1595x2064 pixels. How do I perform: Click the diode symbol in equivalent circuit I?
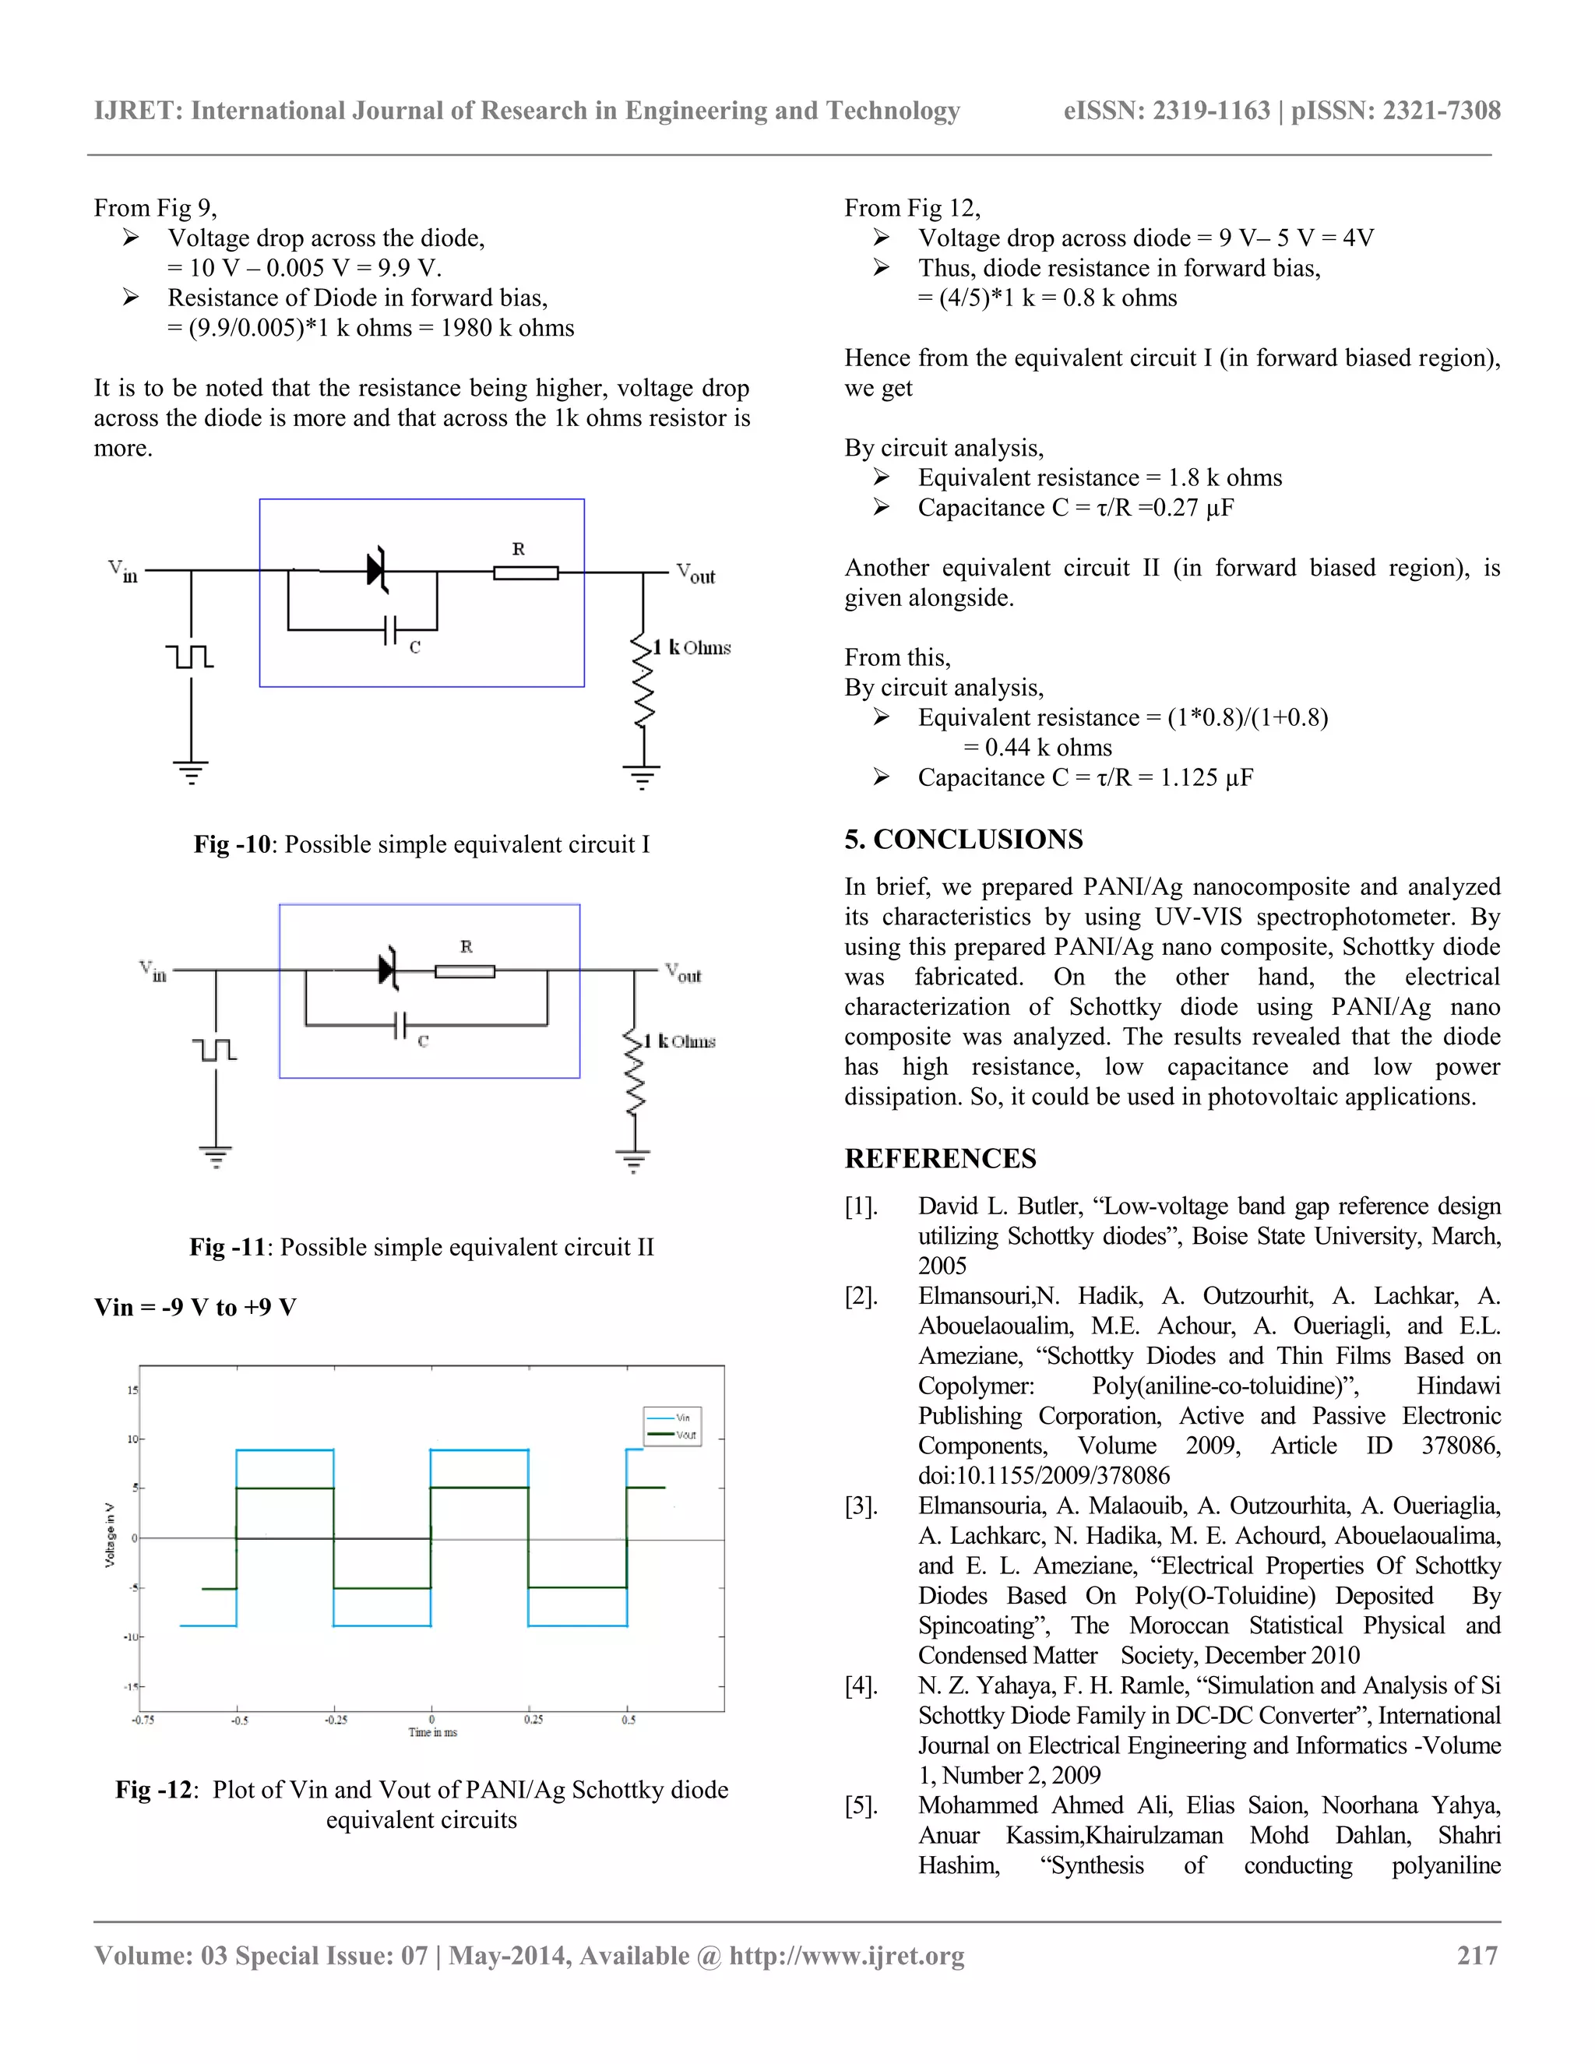pyautogui.click(x=378, y=570)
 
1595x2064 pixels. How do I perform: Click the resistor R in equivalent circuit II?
pyautogui.click(x=464, y=970)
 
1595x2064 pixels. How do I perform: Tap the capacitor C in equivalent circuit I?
pyautogui.click(x=390, y=629)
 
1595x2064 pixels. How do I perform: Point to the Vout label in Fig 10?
pyautogui.click(x=695, y=574)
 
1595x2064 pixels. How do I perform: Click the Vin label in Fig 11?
pyautogui.click(x=153, y=970)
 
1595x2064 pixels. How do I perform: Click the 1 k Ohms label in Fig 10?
pyautogui.click(x=692, y=647)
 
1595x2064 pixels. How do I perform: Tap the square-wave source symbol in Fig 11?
pyautogui.click(x=214, y=1049)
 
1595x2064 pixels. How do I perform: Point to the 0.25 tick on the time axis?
pyautogui.click(x=533, y=1719)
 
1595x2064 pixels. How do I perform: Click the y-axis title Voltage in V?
pyautogui.click(x=110, y=1535)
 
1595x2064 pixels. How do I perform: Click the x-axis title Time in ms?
pyautogui.click(x=433, y=1732)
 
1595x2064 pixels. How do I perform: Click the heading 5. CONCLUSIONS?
pyautogui.click(x=964, y=839)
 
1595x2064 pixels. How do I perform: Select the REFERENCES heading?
pyautogui.click(x=940, y=1159)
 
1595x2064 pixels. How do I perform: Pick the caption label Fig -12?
pyautogui.click(x=154, y=1790)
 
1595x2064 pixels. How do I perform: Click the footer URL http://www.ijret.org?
pyautogui.click(x=847, y=1955)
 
